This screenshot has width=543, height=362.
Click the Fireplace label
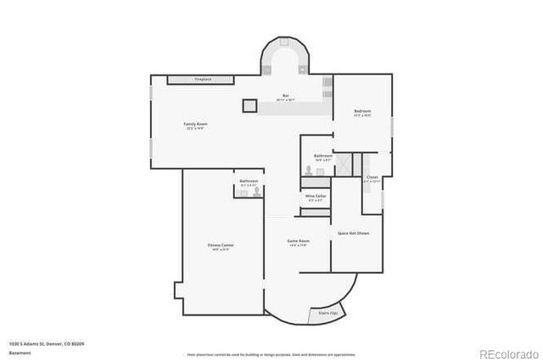coord(202,79)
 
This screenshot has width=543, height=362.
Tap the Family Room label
coord(196,124)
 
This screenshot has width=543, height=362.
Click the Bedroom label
coord(362,112)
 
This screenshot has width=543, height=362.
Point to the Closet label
coord(372,178)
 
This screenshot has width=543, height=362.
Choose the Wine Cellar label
coord(316,196)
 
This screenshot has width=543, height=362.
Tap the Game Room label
coord(299,242)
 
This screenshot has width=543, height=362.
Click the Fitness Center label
coord(221,245)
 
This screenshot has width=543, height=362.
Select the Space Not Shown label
coord(353,232)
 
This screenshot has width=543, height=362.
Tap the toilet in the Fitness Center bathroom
coord(255,192)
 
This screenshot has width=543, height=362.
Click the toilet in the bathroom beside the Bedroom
coord(309,170)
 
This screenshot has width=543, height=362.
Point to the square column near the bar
coord(249,106)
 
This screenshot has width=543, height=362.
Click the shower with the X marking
coord(344,164)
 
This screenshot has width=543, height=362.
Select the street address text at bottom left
coord(46,343)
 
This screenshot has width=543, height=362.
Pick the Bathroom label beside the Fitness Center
coord(249,181)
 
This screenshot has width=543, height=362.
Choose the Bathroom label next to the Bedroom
coord(323,156)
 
